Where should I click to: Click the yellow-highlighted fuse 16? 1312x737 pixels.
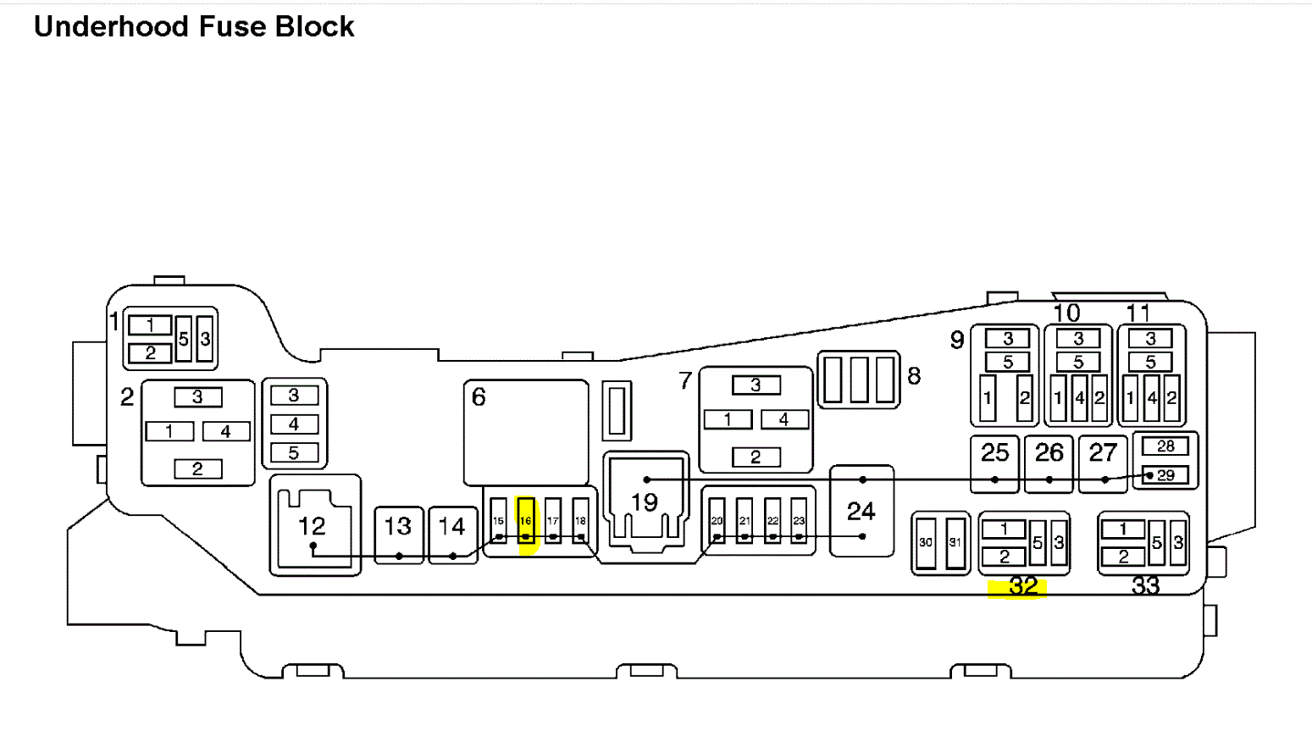(526, 520)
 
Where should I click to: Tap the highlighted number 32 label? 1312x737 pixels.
(1023, 586)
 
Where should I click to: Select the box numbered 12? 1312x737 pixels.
(314, 526)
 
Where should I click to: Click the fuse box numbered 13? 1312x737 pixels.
(398, 534)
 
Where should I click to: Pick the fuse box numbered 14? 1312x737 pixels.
(452, 534)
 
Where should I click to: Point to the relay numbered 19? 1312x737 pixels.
(645, 501)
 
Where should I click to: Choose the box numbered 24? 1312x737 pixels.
(861, 511)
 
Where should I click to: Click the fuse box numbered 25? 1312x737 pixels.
(994, 463)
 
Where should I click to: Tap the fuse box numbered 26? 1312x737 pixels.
(1049, 463)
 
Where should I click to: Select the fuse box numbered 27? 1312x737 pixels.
(1103, 463)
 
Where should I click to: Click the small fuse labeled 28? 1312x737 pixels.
(1165, 446)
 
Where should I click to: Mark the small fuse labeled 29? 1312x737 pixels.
(1165, 475)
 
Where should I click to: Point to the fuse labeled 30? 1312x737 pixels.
(926, 542)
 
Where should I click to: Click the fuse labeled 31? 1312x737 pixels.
(955, 542)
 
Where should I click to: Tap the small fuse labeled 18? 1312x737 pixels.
(580, 520)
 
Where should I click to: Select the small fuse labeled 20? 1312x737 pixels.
(717, 520)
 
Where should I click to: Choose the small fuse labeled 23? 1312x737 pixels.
(799, 520)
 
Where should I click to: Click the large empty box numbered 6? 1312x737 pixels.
(526, 432)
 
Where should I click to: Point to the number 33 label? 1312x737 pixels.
(1145, 585)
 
